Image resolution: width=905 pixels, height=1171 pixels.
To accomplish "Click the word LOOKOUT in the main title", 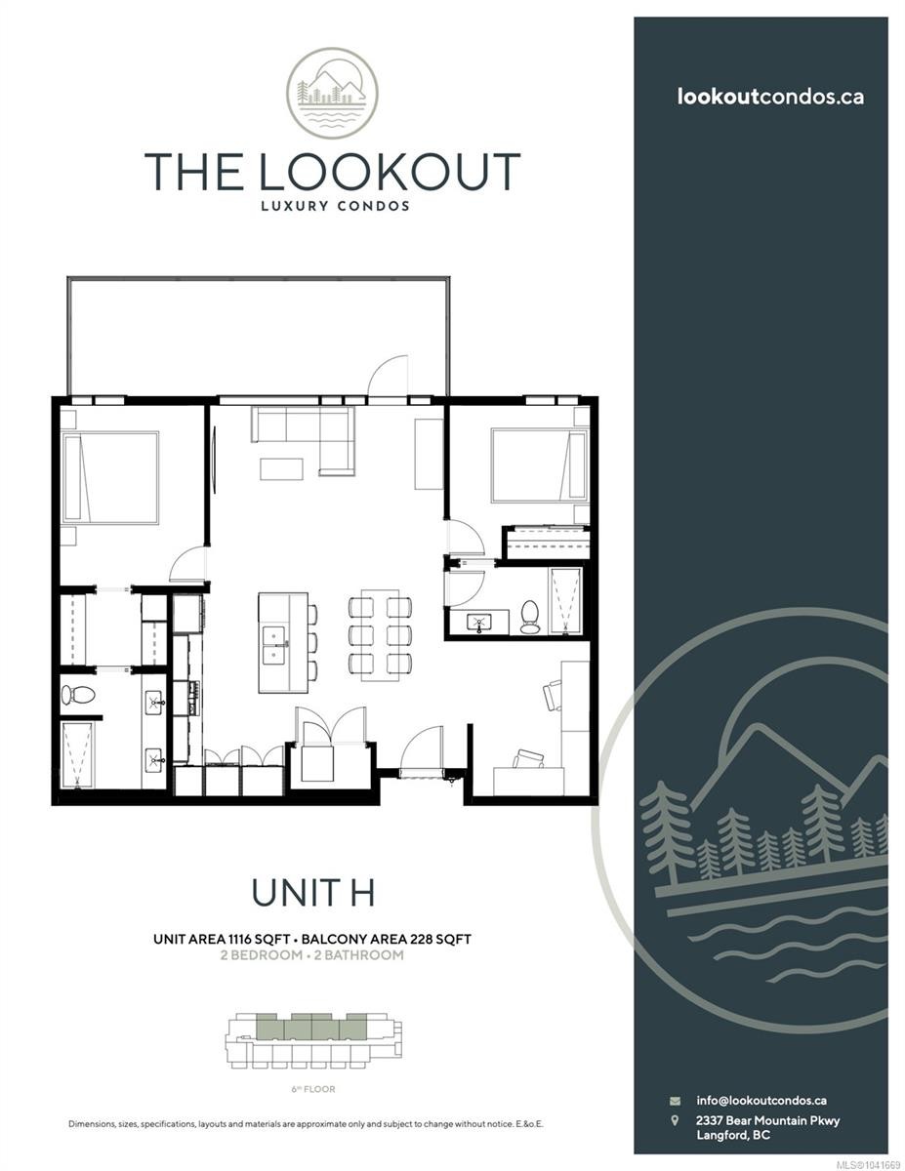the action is tap(390, 172).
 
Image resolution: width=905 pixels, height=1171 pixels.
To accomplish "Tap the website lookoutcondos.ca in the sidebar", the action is tap(770, 97).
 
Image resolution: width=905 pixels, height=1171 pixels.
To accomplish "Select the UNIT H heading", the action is tap(312, 893).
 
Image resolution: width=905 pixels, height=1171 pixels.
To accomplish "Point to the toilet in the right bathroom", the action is tap(530, 617).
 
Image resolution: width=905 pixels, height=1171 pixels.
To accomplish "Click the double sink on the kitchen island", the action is tap(275, 646).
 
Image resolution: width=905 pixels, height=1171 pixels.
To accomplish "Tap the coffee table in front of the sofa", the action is tap(281, 468).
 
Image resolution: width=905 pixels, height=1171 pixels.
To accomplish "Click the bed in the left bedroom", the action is tap(110, 477).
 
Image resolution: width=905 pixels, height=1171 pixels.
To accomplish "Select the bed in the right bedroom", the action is tap(539, 465).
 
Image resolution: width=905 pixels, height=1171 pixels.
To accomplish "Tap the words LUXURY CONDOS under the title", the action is tap(335, 206).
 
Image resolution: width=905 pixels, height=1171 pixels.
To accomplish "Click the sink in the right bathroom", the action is tap(478, 623).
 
